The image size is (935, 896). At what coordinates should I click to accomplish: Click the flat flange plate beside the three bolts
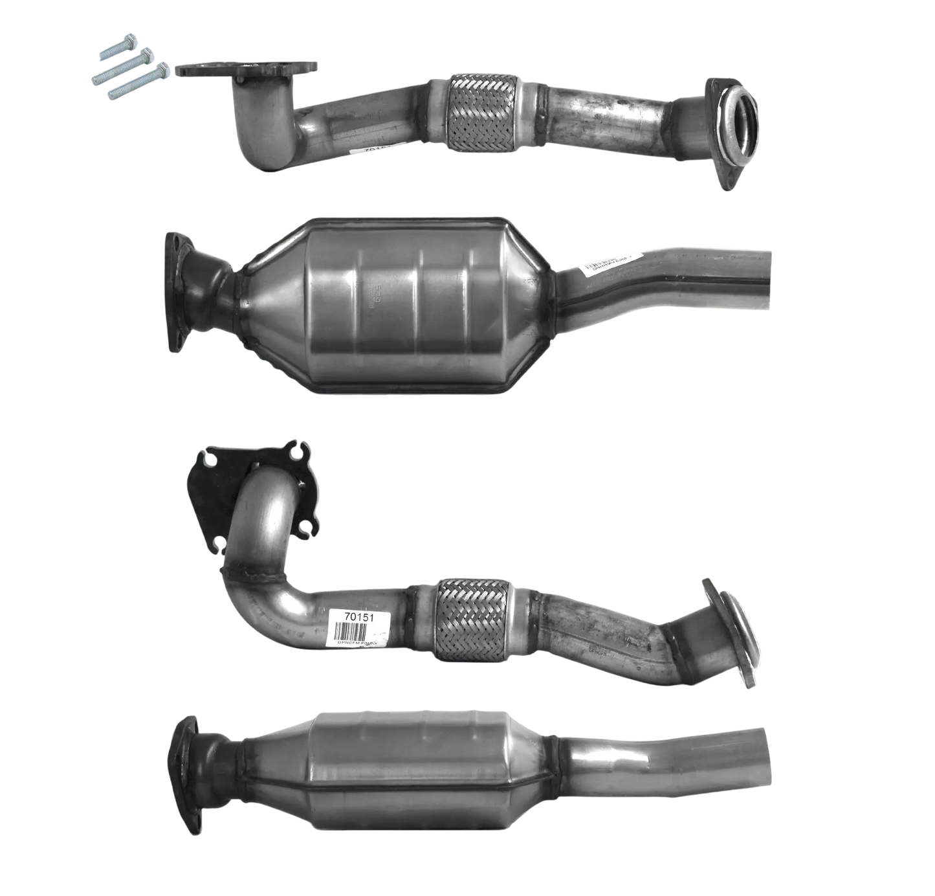coord(248,69)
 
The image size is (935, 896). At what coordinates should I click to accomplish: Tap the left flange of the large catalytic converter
coord(176,291)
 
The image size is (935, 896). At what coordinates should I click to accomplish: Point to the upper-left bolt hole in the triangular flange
coord(209,460)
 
